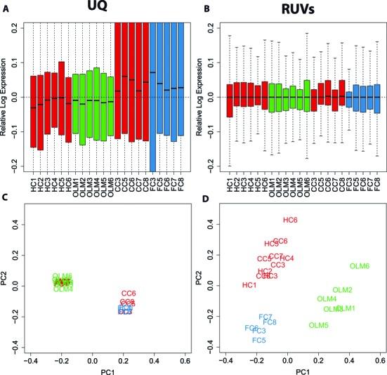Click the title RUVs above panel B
288,9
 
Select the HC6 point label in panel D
291,220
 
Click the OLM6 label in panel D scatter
360,266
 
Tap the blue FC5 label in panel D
259,340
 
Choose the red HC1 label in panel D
249,285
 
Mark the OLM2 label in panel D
343,290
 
